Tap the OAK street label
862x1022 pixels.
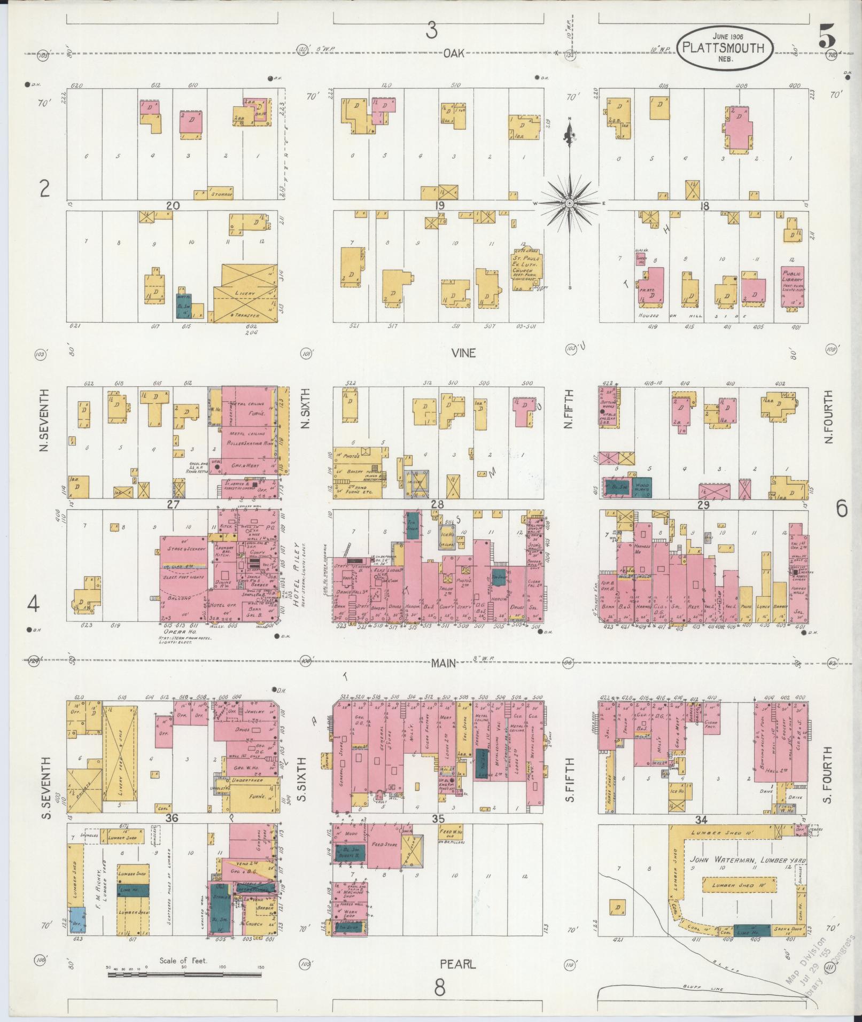coord(453,53)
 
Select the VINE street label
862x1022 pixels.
coord(463,353)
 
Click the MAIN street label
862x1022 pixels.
coord(444,663)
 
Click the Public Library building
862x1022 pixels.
coord(793,287)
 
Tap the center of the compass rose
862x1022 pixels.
coord(570,204)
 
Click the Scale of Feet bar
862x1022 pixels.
coord(184,974)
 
